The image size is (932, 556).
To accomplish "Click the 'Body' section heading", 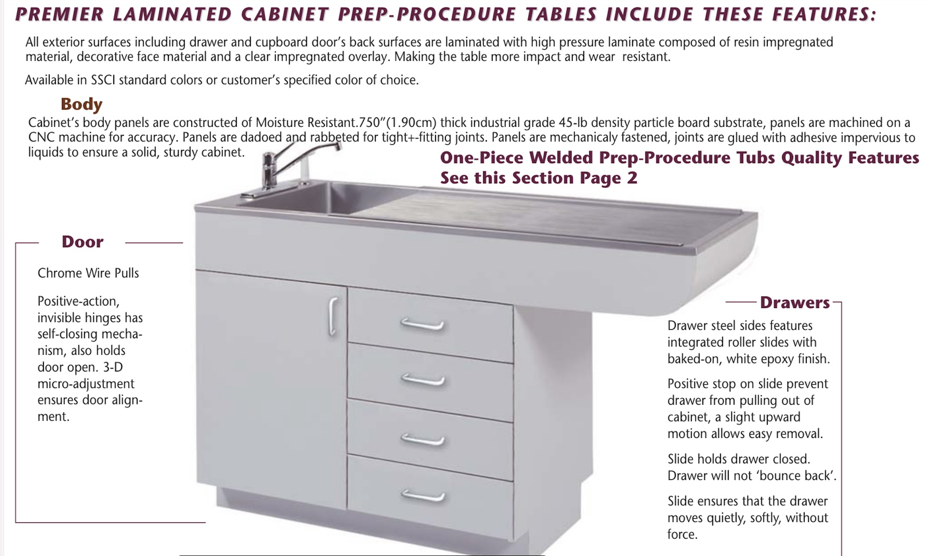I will coord(81,104).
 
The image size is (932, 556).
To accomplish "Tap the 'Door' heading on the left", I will coord(83,242).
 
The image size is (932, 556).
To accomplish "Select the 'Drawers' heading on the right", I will coord(794,303).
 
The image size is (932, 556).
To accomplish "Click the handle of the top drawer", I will coord(422,325).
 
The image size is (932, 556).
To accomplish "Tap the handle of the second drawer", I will coord(423,380).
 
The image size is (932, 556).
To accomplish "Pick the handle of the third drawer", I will coord(423,440).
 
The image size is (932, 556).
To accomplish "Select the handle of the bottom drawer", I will coord(423,496).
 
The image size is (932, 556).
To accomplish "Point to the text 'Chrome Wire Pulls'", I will coord(88,273).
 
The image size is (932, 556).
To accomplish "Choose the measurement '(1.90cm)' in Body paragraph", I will coord(412,123).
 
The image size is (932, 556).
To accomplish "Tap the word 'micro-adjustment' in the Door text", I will coord(86,384).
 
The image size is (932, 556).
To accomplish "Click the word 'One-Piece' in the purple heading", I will coord(481,158).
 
